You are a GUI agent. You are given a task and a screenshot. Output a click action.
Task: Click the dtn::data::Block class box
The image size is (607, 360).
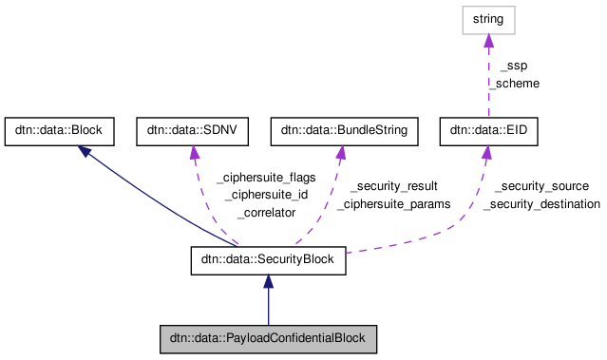click(x=60, y=132)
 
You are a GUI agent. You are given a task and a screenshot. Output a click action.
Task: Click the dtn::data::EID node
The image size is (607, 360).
click(x=489, y=132)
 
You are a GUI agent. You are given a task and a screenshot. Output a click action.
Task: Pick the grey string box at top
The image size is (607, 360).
click(x=489, y=19)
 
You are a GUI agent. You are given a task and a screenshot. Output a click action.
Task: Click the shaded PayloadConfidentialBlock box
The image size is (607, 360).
click(x=268, y=338)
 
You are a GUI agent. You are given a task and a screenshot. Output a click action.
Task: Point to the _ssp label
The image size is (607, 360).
click(x=512, y=66)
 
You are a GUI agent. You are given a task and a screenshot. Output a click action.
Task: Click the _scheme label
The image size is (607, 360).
click(x=514, y=83)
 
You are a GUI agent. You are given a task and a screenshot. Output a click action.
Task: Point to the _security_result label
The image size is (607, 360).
click(x=393, y=186)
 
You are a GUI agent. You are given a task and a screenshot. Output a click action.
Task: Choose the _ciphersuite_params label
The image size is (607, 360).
click(x=393, y=203)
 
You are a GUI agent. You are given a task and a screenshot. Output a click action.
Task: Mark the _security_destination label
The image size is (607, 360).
click(x=541, y=203)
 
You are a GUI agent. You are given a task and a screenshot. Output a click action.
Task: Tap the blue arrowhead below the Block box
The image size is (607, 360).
click(x=85, y=152)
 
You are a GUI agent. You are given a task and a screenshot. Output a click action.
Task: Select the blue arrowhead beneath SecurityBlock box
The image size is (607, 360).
click(x=268, y=282)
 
